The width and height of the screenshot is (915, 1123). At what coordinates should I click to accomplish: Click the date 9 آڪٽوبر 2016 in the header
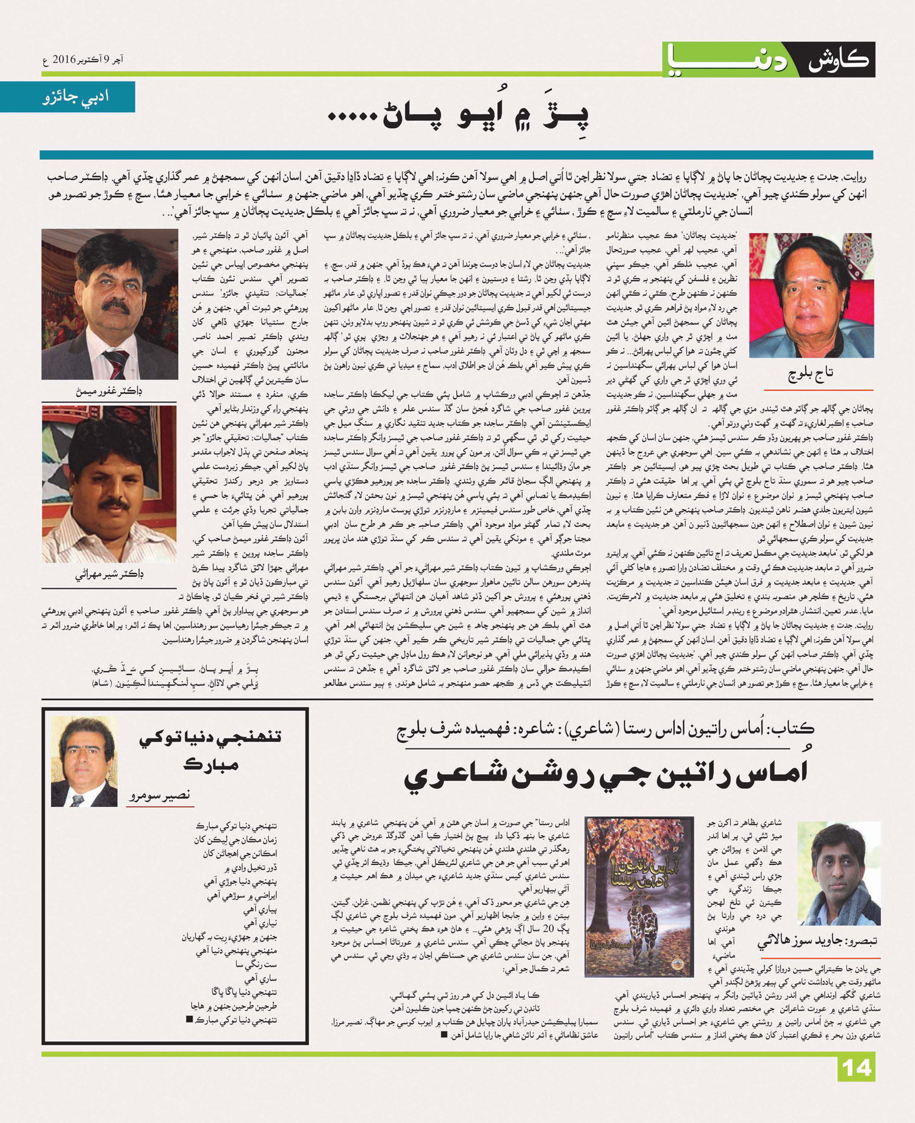84,60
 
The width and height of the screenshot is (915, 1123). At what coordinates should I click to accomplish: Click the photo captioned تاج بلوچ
811,295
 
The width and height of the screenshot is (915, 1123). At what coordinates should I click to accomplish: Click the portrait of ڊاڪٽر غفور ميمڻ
110,304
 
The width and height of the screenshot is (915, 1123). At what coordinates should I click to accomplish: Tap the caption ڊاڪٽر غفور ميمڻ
110,392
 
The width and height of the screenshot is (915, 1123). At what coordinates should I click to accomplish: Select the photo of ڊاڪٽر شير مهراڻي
109,484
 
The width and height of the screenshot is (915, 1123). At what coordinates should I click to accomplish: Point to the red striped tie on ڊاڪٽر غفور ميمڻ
114,362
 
